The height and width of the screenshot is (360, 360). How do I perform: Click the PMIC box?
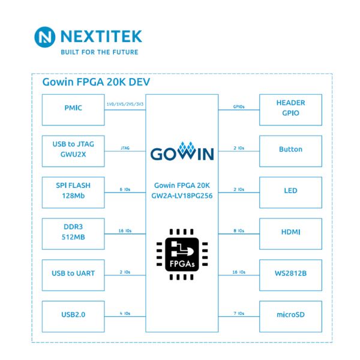(x=73, y=108)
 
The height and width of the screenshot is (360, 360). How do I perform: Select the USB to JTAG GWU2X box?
(x=73, y=149)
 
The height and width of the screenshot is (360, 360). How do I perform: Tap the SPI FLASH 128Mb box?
(x=73, y=191)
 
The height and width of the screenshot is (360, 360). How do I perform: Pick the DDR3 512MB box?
(x=73, y=232)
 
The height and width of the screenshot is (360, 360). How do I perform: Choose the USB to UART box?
(x=73, y=273)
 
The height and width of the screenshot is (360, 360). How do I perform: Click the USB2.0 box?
(x=73, y=314)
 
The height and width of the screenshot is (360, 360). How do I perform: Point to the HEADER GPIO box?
(x=290, y=108)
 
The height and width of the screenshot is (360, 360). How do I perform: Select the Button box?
(x=290, y=149)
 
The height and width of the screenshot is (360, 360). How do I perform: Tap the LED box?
(x=290, y=191)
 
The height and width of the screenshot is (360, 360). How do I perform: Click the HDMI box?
(x=290, y=232)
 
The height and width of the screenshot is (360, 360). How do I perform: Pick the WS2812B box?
(x=290, y=273)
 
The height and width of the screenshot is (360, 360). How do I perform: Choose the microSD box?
(x=290, y=314)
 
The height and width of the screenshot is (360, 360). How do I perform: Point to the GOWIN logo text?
(x=181, y=152)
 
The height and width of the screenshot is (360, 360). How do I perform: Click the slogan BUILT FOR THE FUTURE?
(x=99, y=52)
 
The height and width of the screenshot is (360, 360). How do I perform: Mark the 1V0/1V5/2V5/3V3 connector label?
(x=124, y=104)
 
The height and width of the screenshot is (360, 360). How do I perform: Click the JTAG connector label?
(x=125, y=146)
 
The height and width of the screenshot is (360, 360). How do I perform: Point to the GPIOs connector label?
(x=238, y=107)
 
